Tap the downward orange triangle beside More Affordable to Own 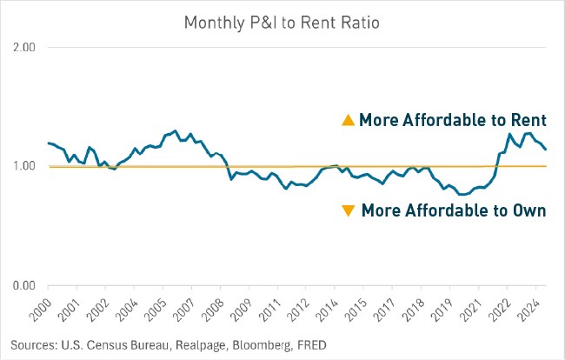tap(349, 210)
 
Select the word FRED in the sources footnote tap(311, 344)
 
